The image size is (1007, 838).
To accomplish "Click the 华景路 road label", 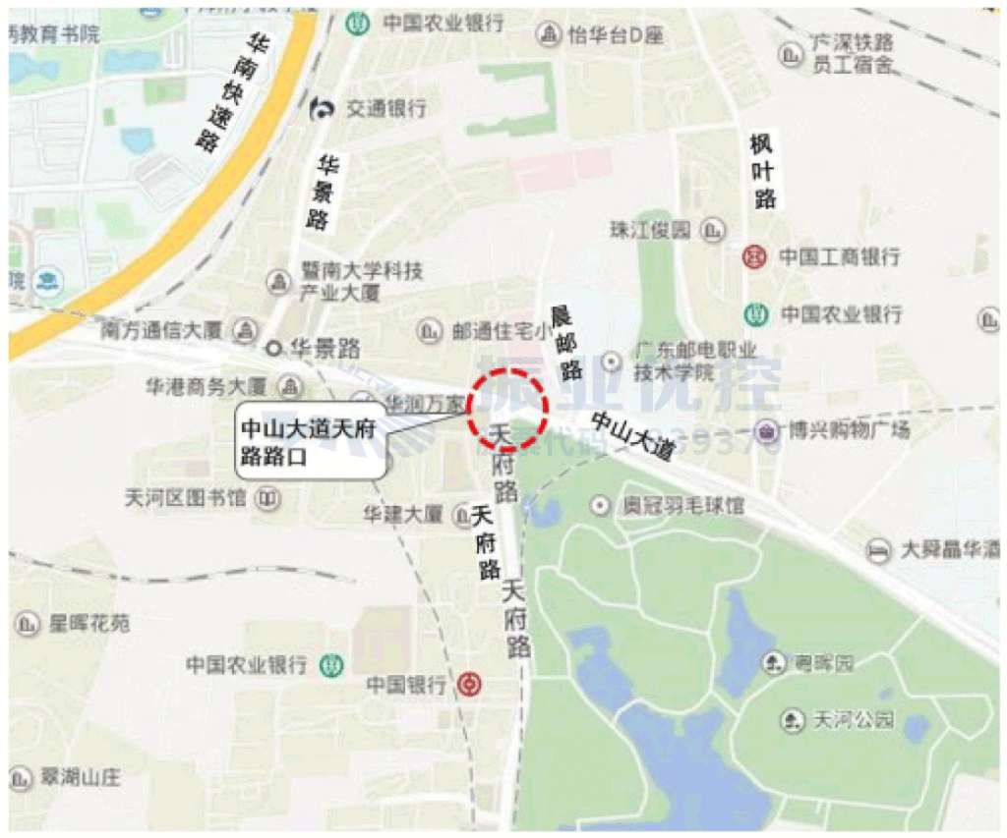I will click(x=322, y=192).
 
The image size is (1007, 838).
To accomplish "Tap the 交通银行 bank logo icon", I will click(x=322, y=108).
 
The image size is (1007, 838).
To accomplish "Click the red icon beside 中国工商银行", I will click(x=755, y=257).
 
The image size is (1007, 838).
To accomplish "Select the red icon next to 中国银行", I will click(x=468, y=683).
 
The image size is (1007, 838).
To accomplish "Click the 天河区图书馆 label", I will click(x=186, y=499).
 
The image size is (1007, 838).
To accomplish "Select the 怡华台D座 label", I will click(x=616, y=36).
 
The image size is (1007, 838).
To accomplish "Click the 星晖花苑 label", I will click(x=89, y=623).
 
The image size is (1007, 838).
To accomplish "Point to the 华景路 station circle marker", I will click(x=274, y=347).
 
